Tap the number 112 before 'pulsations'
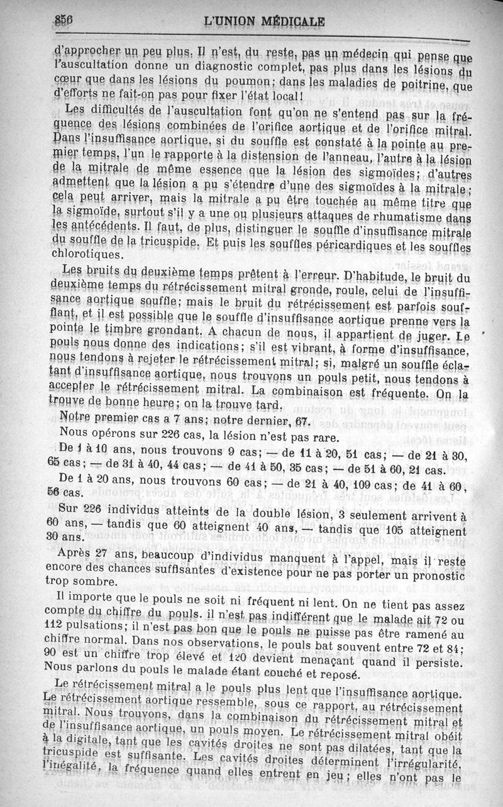tap(58, 625)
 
